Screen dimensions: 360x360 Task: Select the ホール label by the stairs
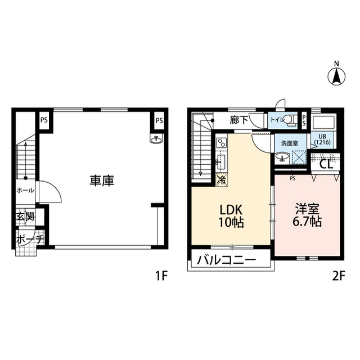pyautogui.click(x=25, y=190)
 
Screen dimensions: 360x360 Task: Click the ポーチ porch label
pyautogui.click(x=25, y=238)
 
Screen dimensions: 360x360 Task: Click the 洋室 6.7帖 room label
pyautogui.click(x=307, y=214)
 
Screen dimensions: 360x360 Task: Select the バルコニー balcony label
pyautogui.click(x=226, y=261)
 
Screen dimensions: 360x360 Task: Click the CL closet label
pyautogui.click(x=326, y=164)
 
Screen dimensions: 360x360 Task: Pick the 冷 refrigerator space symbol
pyautogui.click(x=221, y=181)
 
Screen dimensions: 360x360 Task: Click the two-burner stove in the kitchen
pyautogui.click(x=221, y=143)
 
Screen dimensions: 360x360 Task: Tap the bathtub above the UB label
pyautogui.click(x=323, y=123)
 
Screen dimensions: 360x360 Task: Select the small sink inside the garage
pyautogui.click(x=156, y=139)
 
